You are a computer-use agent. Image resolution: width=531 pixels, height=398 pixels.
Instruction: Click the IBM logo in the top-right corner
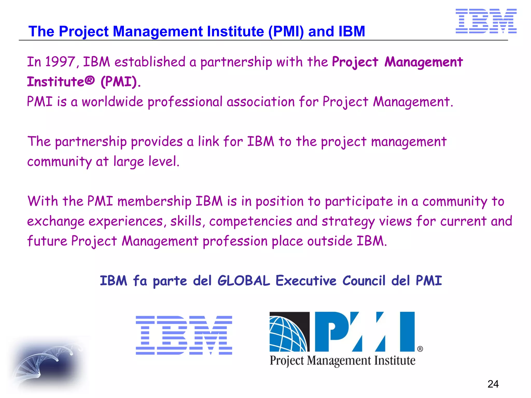486,21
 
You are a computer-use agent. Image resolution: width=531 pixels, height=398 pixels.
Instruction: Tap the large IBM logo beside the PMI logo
184,335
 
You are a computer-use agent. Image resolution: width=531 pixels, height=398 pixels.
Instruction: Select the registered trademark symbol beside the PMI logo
420,349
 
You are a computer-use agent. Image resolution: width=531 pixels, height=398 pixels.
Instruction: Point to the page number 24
493,384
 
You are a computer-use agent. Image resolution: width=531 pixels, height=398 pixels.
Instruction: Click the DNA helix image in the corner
47,363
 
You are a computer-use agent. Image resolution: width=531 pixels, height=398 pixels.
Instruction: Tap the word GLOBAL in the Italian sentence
243,281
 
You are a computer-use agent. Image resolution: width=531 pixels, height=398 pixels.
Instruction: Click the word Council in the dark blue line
364,281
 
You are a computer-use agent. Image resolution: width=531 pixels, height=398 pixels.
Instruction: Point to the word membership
154,201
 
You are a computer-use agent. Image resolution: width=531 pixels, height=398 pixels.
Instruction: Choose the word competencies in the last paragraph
250,221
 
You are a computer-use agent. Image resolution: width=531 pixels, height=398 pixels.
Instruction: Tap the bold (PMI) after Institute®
119,82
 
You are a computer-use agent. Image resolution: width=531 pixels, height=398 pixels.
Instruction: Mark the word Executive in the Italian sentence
306,281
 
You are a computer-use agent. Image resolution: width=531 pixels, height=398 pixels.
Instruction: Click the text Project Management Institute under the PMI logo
342,360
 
